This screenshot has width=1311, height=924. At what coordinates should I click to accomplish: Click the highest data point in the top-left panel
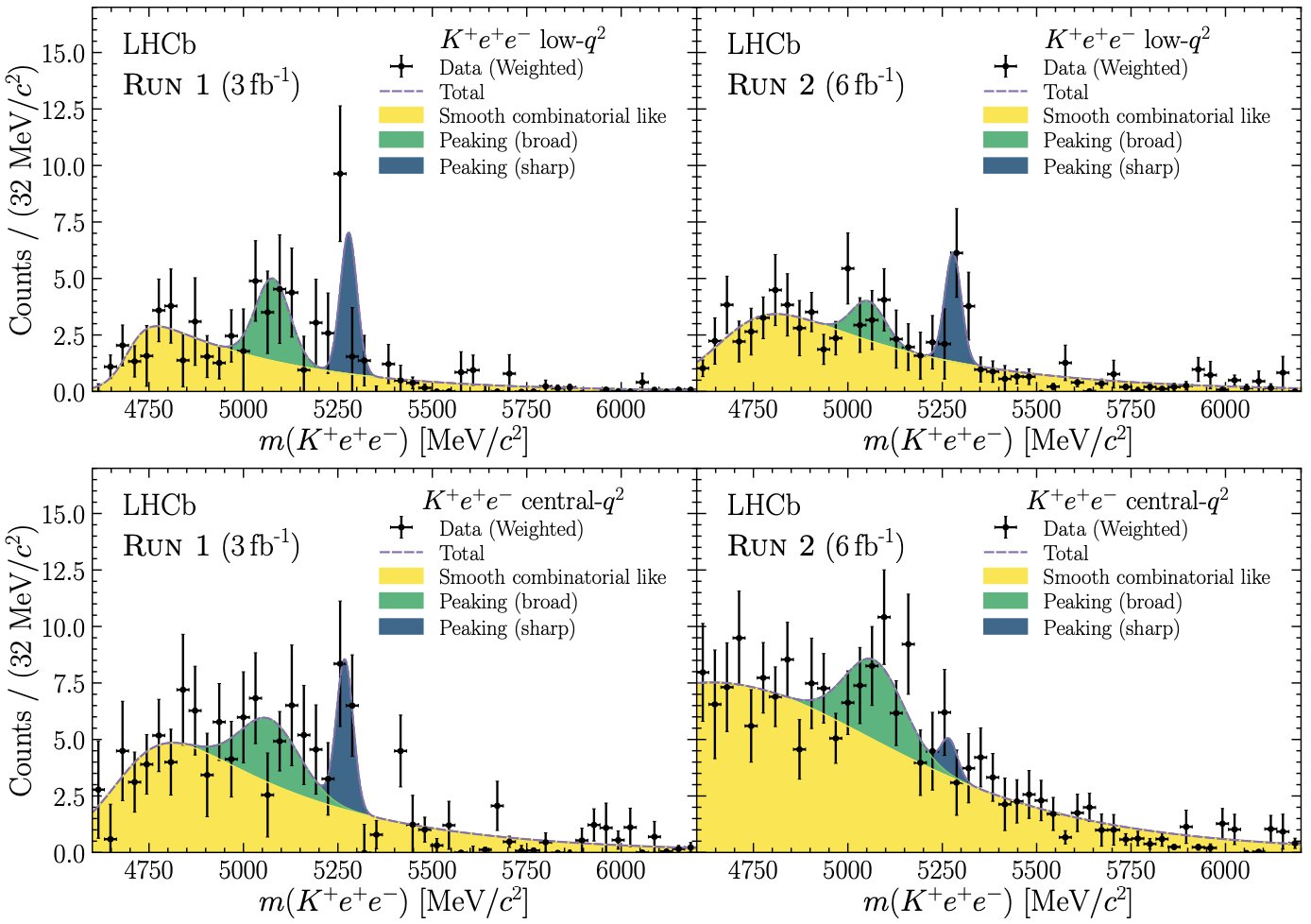click(340, 174)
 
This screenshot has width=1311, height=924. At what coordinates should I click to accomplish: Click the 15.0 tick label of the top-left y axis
click(63, 54)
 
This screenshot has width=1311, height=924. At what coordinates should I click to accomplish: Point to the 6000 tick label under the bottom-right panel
click(1224, 870)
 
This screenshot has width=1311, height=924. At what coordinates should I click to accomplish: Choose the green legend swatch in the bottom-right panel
click(1005, 602)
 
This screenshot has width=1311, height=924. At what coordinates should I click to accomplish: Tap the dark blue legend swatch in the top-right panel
click(1005, 166)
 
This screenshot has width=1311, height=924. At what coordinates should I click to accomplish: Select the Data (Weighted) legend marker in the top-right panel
click(1006, 67)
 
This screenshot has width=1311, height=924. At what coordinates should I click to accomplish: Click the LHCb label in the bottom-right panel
click(763, 505)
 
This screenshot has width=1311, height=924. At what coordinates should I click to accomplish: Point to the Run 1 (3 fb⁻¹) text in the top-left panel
click(211, 85)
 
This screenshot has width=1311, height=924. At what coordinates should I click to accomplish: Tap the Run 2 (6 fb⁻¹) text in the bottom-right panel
click(815, 546)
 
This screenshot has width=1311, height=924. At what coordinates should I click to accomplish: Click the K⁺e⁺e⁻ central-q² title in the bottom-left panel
click(522, 501)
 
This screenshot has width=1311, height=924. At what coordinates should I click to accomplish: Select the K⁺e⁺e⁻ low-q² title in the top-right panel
click(1127, 40)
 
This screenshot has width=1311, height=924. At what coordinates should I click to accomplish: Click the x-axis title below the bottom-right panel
click(996, 901)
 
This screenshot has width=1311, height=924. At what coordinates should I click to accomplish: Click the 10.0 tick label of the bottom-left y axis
click(63, 627)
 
